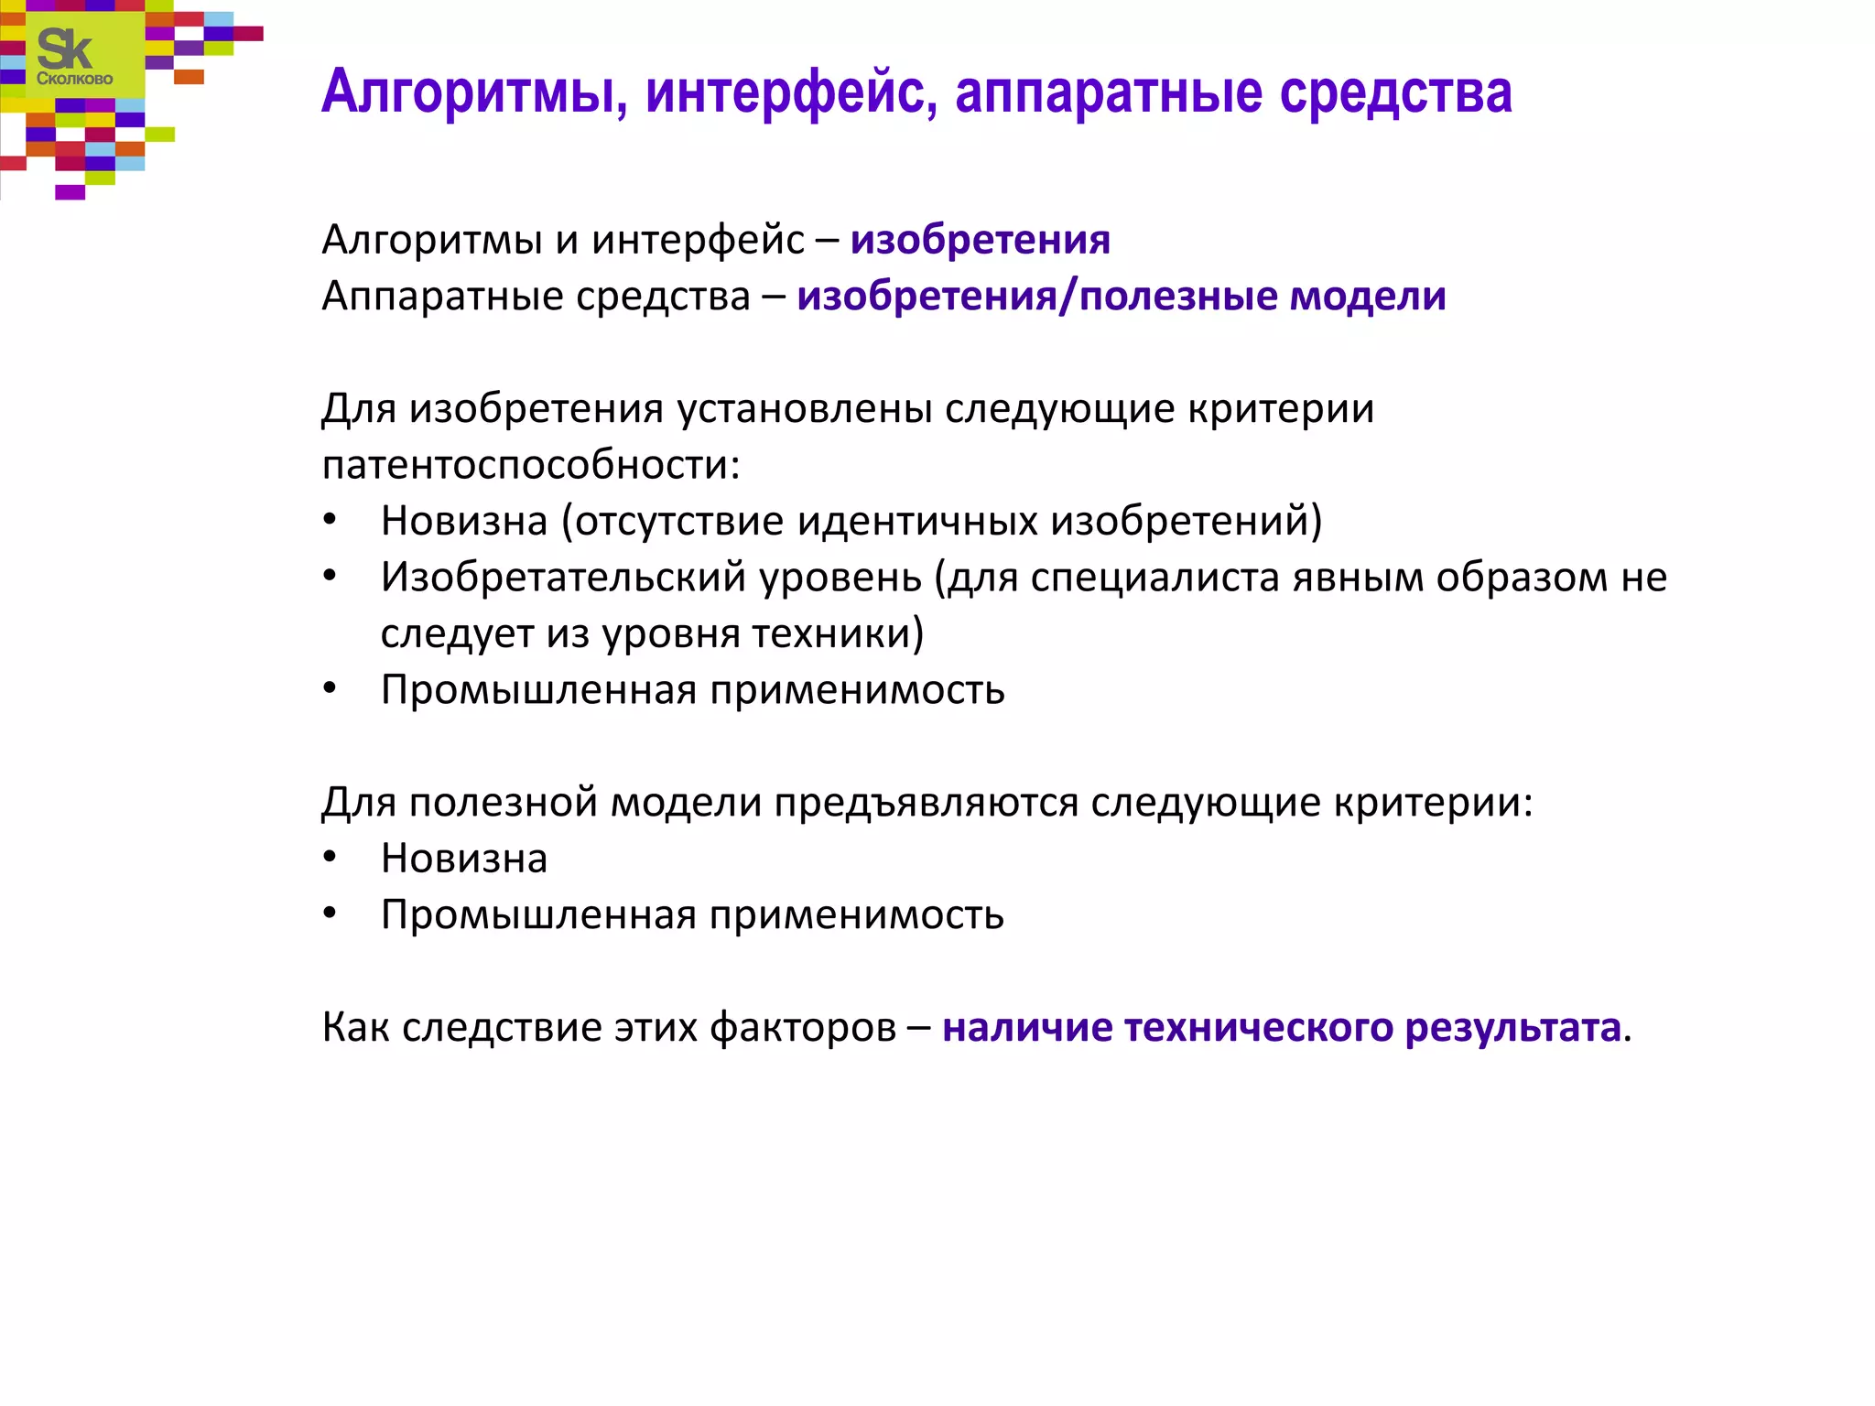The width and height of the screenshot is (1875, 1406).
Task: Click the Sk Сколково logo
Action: pos(73,57)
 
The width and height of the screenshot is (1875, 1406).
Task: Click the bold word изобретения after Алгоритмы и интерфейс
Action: pos(980,240)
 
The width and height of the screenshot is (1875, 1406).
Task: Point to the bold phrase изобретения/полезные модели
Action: pos(1121,297)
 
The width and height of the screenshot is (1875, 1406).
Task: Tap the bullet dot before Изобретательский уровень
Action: pos(330,577)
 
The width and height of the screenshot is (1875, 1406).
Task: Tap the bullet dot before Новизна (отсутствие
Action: pos(330,521)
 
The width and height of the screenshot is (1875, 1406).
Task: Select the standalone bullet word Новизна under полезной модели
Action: pos(464,859)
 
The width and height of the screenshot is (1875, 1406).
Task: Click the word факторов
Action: pos(803,1028)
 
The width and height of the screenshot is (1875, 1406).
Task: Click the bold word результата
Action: pos(1512,1028)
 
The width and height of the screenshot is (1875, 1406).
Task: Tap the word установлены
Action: pos(805,408)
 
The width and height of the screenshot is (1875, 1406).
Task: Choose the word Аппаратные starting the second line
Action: pos(443,297)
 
